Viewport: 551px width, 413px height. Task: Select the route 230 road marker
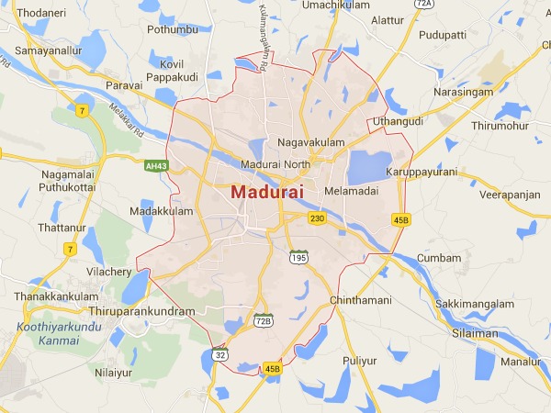[318, 218]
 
